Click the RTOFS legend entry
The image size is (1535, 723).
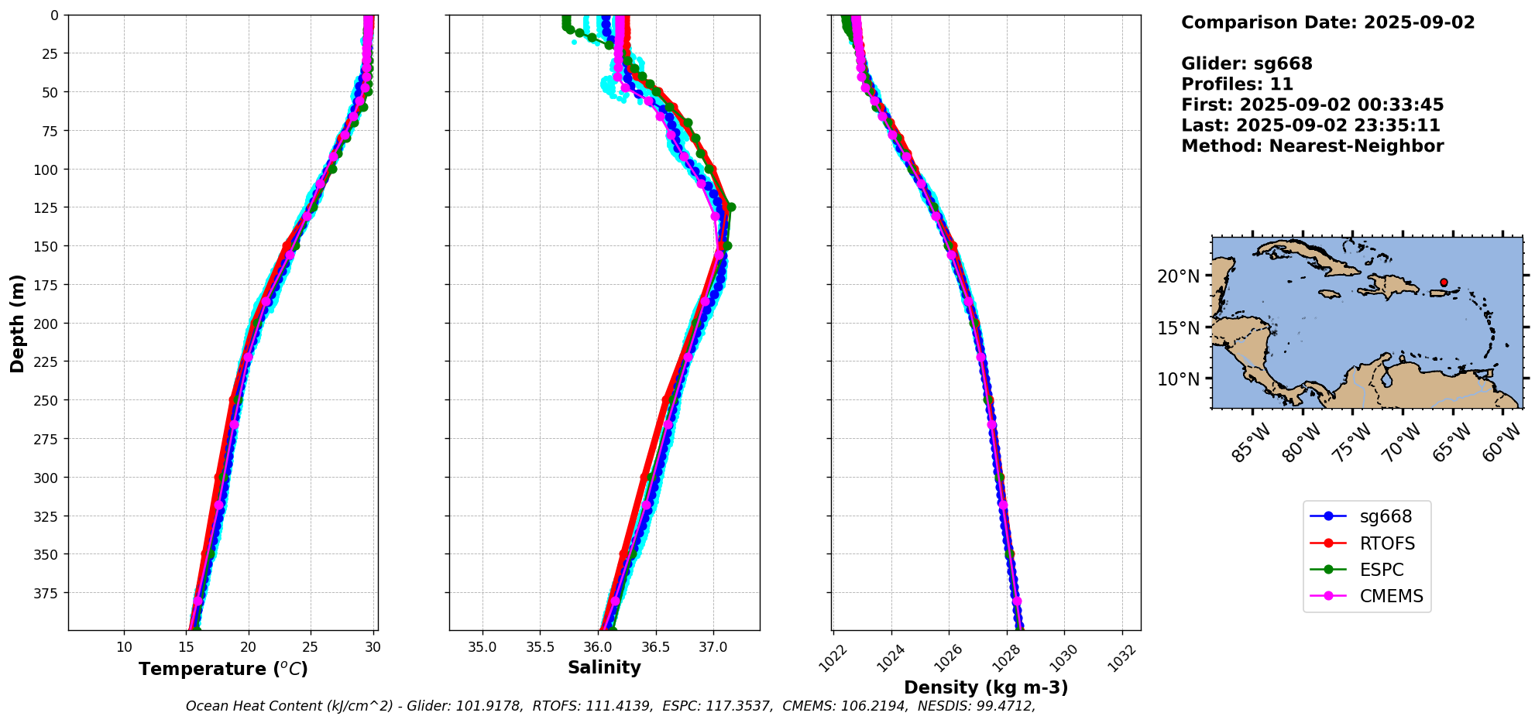point(1386,543)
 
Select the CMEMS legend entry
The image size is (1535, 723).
point(1391,596)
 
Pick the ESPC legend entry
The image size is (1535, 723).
point(1382,570)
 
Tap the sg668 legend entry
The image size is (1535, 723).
point(1386,516)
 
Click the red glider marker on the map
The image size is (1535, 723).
point(1444,283)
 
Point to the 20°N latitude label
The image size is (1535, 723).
point(1178,276)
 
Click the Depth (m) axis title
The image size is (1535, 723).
point(17,323)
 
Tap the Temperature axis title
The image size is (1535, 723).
point(223,669)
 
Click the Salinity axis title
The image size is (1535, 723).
point(604,667)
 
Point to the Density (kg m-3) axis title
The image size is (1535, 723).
point(986,687)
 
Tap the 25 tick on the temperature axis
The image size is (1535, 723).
point(310,647)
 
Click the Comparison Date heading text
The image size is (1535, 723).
point(1327,22)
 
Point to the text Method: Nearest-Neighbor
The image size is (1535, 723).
point(1312,146)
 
